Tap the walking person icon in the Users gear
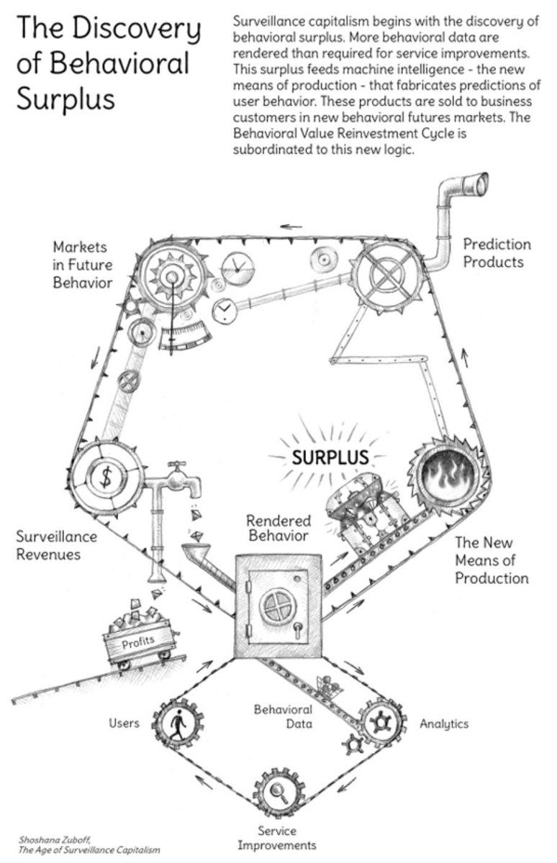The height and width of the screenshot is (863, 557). tap(178, 725)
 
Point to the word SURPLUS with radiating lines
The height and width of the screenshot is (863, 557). tap(330, 457)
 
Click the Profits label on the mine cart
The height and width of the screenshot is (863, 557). tap(138, 642)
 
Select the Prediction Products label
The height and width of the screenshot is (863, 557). tap(497, 253)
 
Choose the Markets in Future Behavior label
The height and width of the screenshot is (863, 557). tap(83, 265)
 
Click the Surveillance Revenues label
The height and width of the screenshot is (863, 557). tap(57, 545)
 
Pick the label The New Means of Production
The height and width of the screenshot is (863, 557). tap(491, 560)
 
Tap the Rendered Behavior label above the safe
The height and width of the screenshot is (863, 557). tap(278, 528)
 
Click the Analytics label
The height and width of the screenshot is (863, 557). tap(444, 724)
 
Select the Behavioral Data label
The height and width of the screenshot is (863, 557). tap(284, 716)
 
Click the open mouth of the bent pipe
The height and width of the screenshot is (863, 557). tap(482, 183)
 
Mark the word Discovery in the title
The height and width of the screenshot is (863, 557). tap(137, 29)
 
